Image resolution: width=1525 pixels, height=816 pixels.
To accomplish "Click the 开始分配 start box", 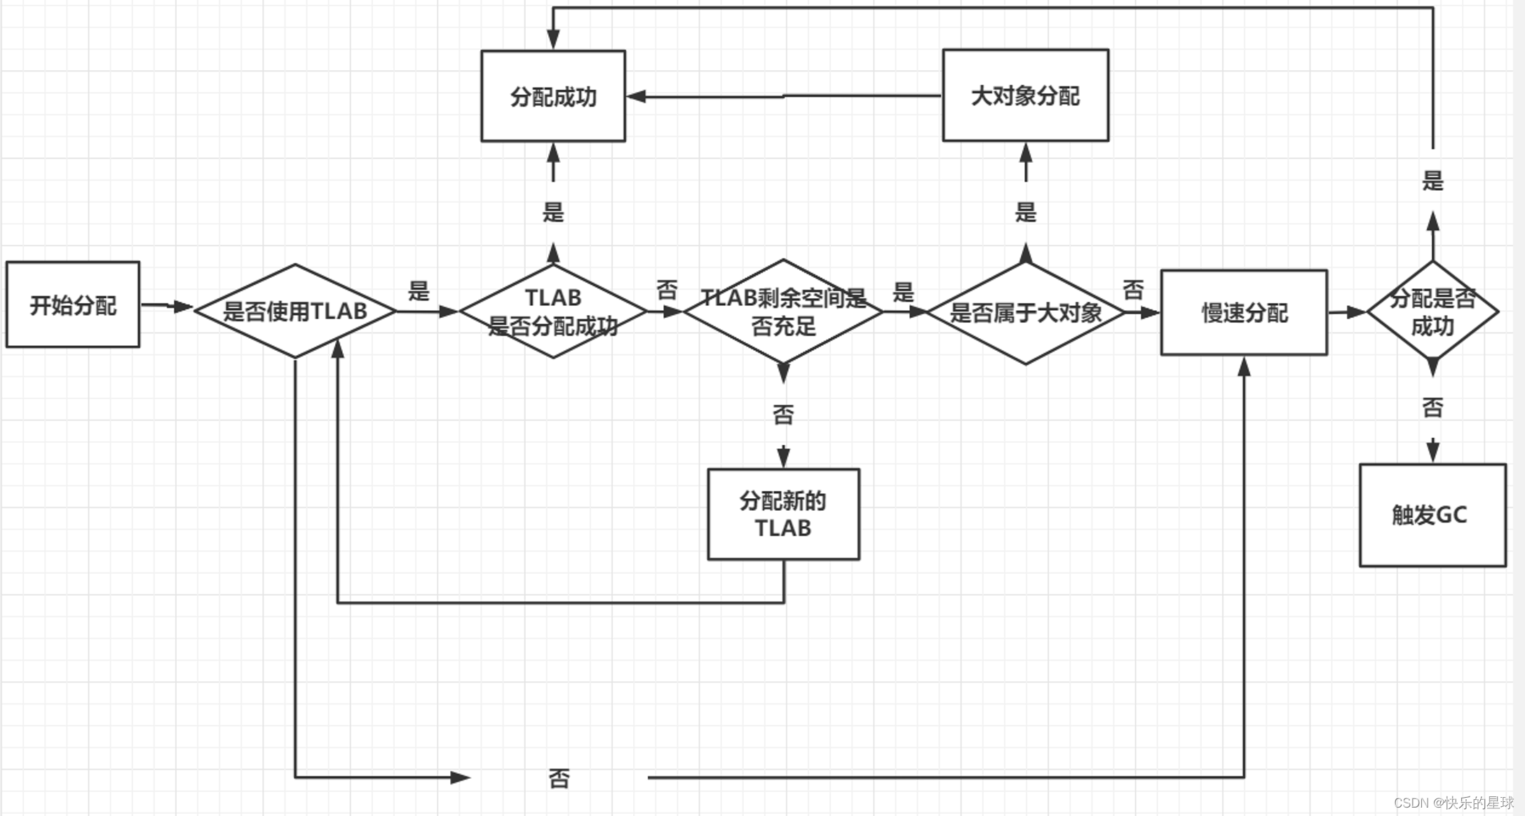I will (x=73, y=305).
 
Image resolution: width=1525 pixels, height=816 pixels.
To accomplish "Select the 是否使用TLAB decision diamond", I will (x=295, y=311).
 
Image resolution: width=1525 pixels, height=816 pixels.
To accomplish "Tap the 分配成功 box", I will (x=553, y=96).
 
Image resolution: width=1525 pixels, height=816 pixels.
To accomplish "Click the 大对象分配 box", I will (x=1025, y=95).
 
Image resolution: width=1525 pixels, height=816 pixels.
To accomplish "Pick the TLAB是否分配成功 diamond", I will (x=553, y=311).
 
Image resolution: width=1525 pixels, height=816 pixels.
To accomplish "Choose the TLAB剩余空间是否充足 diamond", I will (x=783, y=311).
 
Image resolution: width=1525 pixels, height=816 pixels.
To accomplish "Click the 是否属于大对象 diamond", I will (x=1025, y=312).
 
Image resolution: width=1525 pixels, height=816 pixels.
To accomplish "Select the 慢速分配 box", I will (x=1244, y=312).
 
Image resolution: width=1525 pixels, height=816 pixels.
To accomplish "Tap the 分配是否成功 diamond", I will (x=1432, y=311).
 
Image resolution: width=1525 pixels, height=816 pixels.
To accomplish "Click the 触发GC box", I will (x=1432, y=515).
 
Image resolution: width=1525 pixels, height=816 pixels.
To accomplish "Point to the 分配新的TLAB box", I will (x=783, y=514).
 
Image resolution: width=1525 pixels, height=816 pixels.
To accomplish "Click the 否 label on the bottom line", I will (x=559, y=778).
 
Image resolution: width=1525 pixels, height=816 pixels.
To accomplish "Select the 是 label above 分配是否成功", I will (x=1432, y=181).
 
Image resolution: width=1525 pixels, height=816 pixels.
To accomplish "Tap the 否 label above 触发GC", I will (x=1432, y=407).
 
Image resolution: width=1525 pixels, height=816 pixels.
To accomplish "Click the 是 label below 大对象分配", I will (x=1025, y=212).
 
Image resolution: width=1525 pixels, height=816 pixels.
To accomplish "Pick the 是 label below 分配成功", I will (x=553, y=212).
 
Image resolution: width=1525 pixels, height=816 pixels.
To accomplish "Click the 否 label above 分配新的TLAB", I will (x=783, y=415).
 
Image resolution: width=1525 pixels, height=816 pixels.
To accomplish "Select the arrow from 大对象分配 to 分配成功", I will (x=783, y=96).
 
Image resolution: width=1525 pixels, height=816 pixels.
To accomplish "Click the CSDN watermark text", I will (x=1453, y=803).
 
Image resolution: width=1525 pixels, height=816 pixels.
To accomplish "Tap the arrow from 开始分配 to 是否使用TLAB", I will (x=166, y=306).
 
